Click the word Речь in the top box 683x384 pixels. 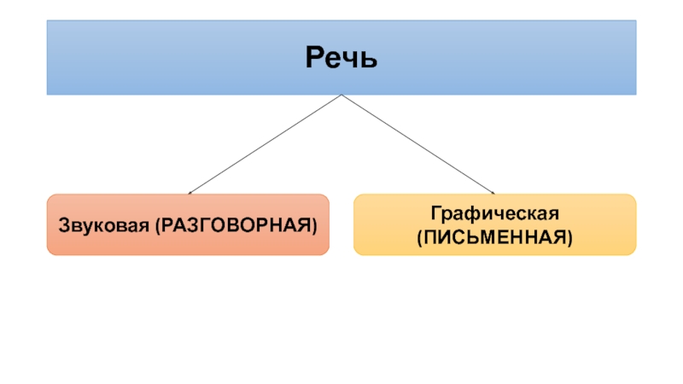pos(341,60)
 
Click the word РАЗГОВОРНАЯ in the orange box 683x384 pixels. pos(232,225)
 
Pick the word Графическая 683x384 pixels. pos(494,212)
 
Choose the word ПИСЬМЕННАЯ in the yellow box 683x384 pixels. pos(494,233)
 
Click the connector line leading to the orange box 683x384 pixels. pos(265,144)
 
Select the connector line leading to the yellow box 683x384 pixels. pos(418,144)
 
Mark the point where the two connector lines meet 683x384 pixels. pos(341,95)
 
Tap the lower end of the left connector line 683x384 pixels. pos(189,193)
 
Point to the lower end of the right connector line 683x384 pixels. pos(493,193)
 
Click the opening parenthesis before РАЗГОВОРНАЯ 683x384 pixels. pos(155,226)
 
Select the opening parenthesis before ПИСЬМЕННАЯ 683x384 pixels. pos(419,234)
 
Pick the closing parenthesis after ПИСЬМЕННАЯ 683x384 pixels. pos(569,234)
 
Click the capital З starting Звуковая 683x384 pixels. pos(64,225)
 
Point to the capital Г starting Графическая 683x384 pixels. pos(435,211)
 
